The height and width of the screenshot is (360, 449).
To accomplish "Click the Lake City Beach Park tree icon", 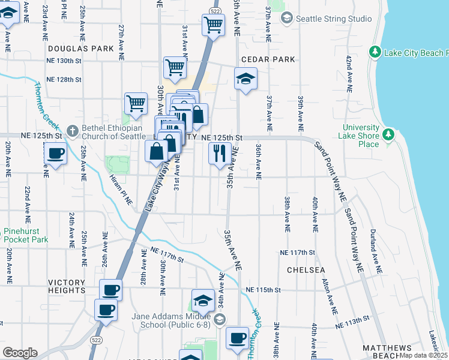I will click(375, 52).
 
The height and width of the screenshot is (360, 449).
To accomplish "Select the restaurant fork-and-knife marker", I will click(220, 154).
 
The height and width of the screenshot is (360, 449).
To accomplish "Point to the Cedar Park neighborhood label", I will click(268, 59).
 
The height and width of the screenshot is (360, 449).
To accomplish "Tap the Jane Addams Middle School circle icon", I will click(220, 319).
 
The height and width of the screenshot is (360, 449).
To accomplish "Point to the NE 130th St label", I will click(64, 61).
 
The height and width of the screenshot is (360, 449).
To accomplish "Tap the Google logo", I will click(20, 353).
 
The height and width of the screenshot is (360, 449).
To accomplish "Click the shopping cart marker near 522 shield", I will click(213, 26).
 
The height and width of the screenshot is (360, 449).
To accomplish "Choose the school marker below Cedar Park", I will click(245, 79).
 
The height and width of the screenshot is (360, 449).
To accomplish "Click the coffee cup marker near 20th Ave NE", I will click(55, 154).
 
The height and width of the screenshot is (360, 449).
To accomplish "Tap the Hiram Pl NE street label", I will click(121, 190).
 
